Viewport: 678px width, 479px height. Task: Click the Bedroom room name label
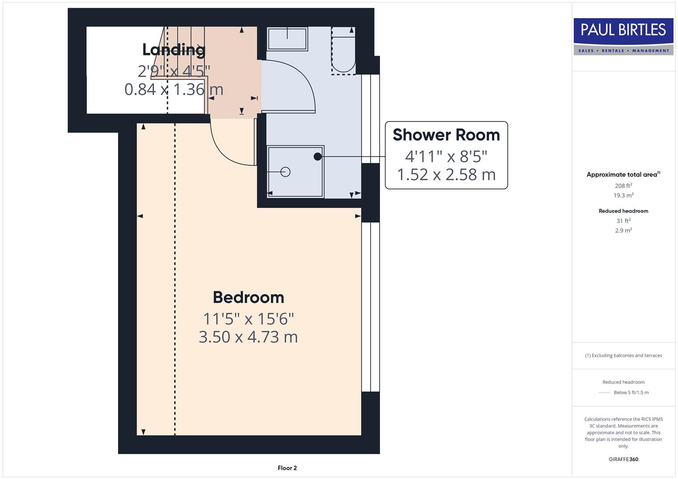[x=248, y=297]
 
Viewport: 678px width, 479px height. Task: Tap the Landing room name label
[x=174, y=50]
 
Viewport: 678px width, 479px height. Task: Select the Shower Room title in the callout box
[x=446, y=135]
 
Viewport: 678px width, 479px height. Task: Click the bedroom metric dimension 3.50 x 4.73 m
[x=248, y=337]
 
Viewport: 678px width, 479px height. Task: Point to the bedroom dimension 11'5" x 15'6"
[x=248, y=318]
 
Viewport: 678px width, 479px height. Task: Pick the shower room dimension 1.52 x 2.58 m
[x=446, y=175]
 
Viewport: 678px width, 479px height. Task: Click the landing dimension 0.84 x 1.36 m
[x=174, y=89]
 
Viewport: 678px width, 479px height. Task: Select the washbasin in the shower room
[x=287, y=39]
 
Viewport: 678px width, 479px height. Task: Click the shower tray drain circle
[x=285, y=172]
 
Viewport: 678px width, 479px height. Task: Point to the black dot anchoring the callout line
[x=317, y=157]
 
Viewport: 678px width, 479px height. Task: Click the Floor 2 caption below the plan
[x=287, y=468]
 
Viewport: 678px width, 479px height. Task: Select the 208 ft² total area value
[x=623, y=186]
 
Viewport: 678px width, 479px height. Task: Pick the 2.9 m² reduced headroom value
[x=623, y=231]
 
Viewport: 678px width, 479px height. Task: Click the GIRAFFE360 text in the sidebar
[x=623, y=459]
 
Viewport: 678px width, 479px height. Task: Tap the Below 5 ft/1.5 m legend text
[x=630, y=393]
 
